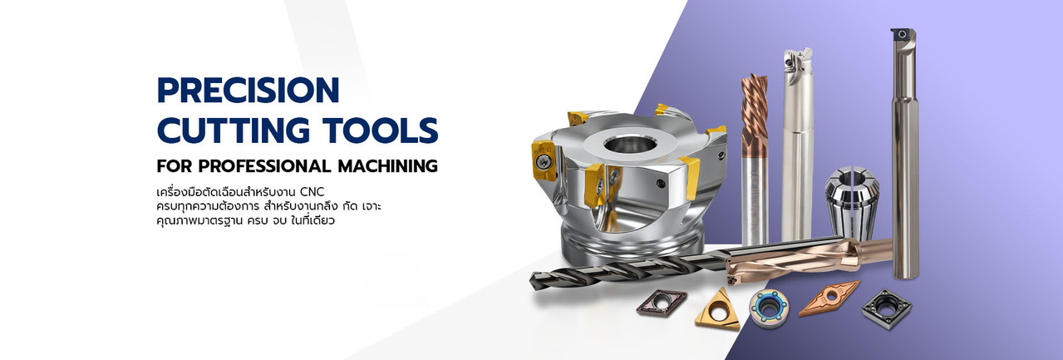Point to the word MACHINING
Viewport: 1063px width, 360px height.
pyautogui.click(x=387, y=166)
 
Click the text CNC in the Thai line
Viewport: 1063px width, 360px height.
pyautogui.click(x=313, y=192)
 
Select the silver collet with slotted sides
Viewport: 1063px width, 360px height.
pyautogui.click(x=852, y=202)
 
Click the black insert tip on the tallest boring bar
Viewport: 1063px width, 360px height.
pyautogui.click(x=901, y=35)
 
